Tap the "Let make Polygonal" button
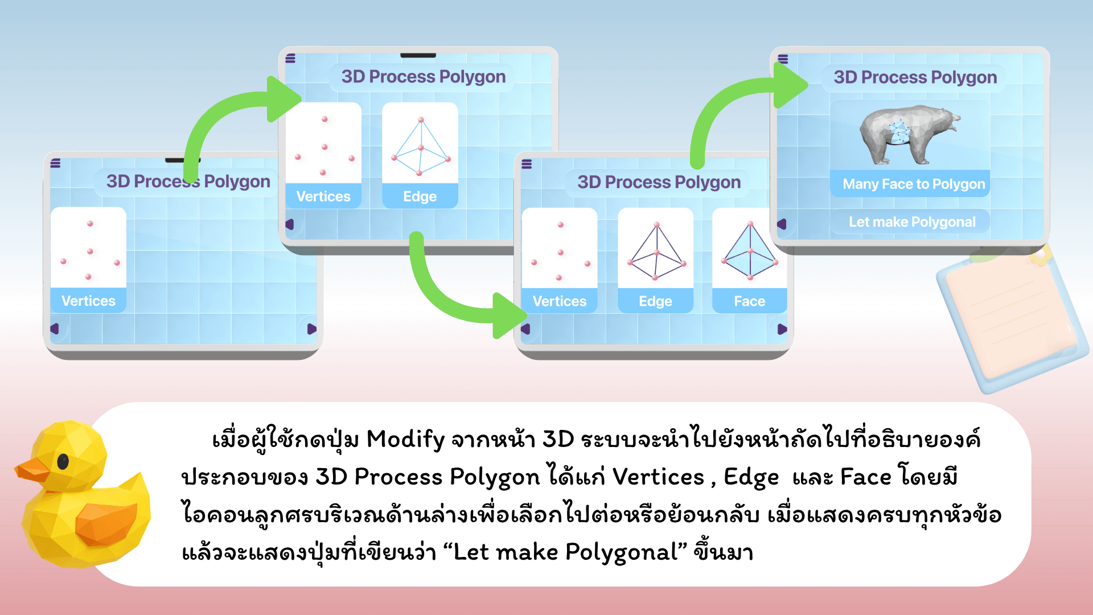tap(911, 222)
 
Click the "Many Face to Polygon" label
tap(913, 184)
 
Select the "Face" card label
tap(749, 301)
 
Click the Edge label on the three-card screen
tap(655, 301)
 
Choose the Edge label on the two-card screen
tap(420, 196)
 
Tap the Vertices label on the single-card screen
tap(88, 301)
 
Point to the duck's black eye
tap(63, 461)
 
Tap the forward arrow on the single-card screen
tap(311, 329)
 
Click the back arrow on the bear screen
tap(782, 224)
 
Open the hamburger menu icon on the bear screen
tap(783, 59)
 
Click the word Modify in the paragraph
tap(405, 439)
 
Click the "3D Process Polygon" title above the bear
tap(915, 77)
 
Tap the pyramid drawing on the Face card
tap(750, 251)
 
